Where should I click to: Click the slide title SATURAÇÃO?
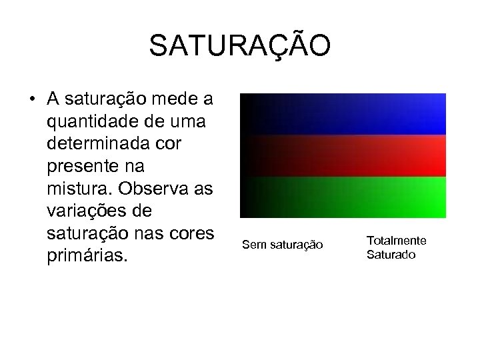[x=239, y=46]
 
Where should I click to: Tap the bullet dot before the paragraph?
[x=32, y=101]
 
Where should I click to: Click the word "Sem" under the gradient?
[x=253, y=246]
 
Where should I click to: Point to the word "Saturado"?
[x=391, y=255]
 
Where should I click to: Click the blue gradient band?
[x=343, y=114]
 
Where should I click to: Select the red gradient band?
[x=343, y=156]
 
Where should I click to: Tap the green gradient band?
[x=343, y=197]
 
